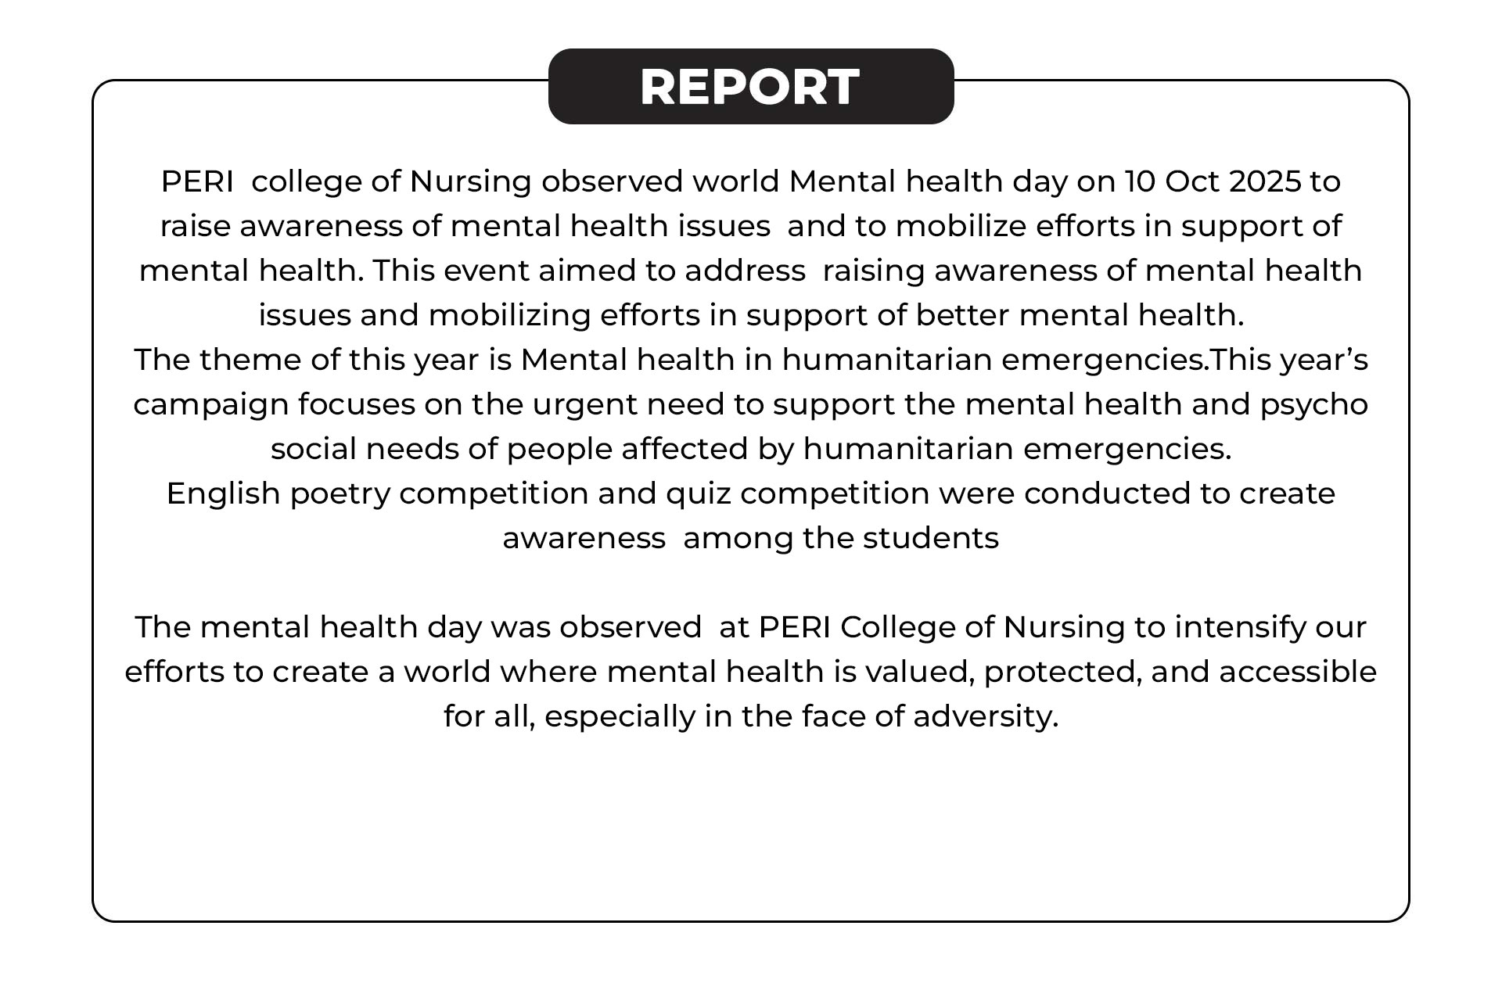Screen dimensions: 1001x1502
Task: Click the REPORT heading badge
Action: (x=750, y=86)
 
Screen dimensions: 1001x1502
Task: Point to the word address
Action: (x=745, y=271)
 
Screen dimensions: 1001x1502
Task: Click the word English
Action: (x=223, y=494)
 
